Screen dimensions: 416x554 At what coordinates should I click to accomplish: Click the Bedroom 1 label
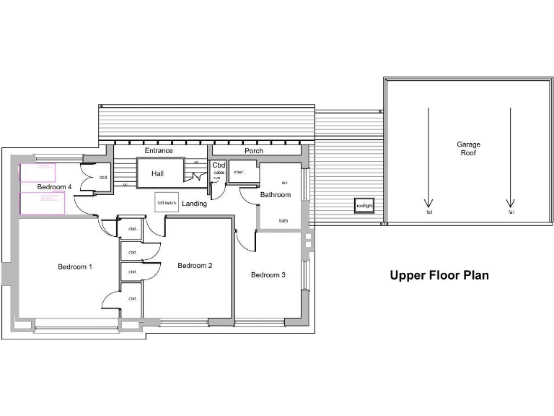pos(75,267)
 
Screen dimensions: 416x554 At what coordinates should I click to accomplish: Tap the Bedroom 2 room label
pos(195,265)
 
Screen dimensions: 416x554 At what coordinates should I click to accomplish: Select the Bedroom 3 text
pos(268,274)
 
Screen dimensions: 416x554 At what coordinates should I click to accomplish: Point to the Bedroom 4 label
pos(55,187)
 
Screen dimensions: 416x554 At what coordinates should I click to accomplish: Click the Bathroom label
pos(275,195)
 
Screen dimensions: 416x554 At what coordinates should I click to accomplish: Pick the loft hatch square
pos(167,203)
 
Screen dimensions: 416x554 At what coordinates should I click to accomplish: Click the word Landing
pos(194,204)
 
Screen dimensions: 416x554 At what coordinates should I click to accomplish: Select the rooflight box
pos(364,205)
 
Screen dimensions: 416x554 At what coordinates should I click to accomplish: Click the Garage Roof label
pos(468,149)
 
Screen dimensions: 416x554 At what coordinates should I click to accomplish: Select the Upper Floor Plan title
pos(439,275)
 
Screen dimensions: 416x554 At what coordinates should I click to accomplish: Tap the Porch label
pos(254,151)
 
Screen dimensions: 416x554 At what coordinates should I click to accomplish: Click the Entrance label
pos(159,151)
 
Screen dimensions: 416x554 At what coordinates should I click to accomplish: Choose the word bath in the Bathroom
pos(283,221)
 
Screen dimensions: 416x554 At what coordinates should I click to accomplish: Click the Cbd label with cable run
pos(219,165)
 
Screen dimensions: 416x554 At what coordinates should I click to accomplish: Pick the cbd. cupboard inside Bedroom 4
pos(102,177)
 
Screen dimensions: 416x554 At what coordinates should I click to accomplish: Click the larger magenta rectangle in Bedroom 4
pos(43,202)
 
